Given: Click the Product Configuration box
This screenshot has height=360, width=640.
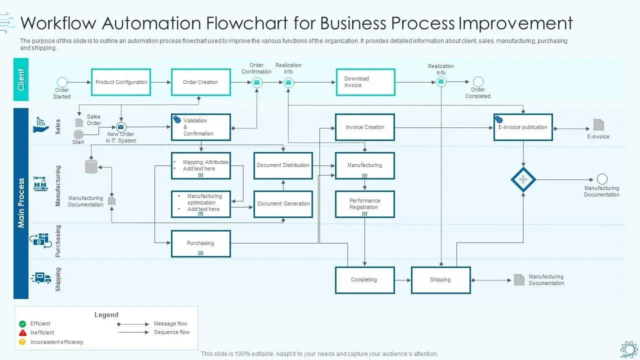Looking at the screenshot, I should point(121,82).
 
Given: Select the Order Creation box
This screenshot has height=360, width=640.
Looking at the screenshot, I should point(200,82).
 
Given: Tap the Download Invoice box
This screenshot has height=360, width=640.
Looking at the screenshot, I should point(365,82).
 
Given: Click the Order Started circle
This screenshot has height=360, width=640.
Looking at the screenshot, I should point(62,82).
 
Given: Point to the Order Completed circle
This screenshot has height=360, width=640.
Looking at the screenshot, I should point(478,81).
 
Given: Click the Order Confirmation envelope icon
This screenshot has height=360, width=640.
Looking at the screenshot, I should point(256,82).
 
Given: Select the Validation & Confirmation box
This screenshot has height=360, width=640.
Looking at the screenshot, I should point(200,127).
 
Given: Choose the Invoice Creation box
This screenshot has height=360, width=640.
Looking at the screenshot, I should point(365,127).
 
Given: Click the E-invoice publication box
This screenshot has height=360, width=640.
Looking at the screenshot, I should point(523,127).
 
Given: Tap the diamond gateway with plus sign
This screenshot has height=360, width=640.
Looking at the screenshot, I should point(523,179).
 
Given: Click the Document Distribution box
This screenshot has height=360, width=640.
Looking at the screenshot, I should point(283,165).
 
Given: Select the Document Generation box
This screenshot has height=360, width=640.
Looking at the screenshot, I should point(283,204).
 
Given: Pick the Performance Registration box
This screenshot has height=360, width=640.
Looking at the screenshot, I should point(365,204).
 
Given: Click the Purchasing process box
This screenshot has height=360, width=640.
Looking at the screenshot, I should point(200,243).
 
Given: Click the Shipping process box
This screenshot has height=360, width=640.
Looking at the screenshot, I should point(440,280).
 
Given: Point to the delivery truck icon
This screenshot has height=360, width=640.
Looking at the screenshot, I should point(41,278).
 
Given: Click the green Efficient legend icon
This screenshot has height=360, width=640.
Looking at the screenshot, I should point(22,324).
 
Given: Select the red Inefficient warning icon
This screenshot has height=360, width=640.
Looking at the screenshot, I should point(22,333).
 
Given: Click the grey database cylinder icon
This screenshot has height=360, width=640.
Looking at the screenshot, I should point(91,166).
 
